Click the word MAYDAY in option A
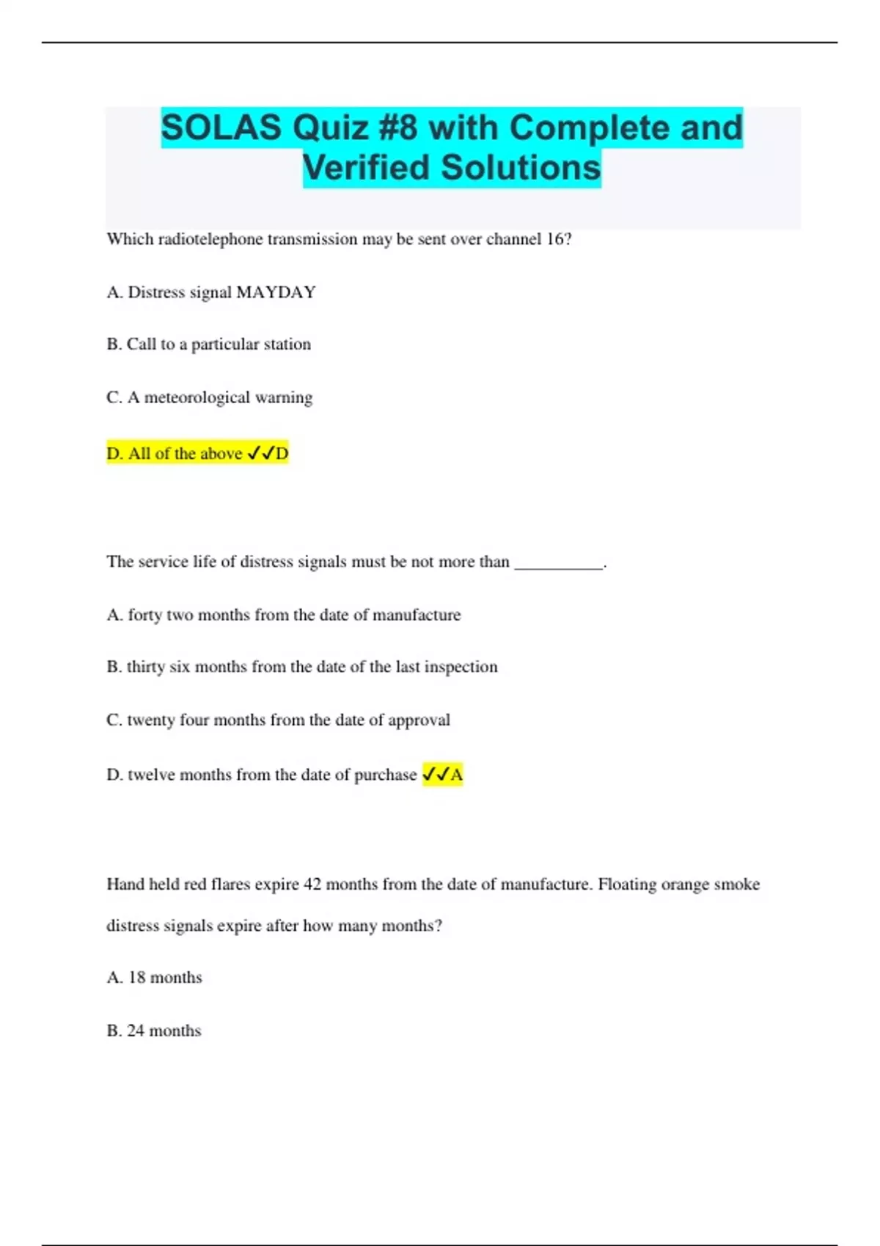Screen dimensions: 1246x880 (x=276, y=292)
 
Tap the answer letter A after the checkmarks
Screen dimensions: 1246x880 (x=456, y=775)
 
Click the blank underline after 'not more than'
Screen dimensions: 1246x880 (x=559, y=563)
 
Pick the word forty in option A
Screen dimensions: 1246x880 (x=144, y=615)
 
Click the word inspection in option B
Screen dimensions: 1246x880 (x=461, y=667)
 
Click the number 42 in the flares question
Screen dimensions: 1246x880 (x=312, y=884)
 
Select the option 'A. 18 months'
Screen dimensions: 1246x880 (x=154, y=978)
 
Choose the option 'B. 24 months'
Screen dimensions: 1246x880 (x=154, y=1031)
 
